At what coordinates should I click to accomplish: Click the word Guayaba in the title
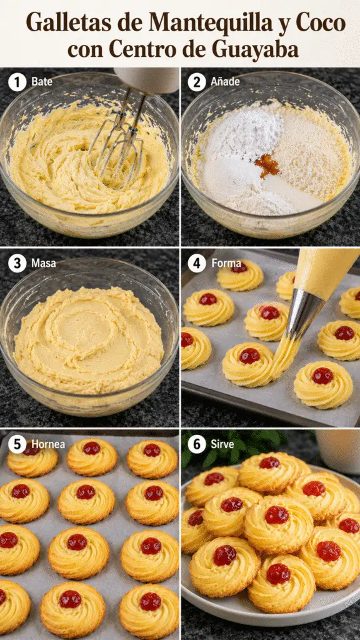click(255, 50)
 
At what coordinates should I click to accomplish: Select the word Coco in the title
click(321, 22)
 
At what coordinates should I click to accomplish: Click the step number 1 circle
click(17, 82)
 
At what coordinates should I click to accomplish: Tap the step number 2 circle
click(197, 82)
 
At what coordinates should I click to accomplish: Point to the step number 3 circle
click(17, 264)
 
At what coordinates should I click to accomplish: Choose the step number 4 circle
click(197, 264)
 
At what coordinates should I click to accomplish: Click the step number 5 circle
click(17, 444)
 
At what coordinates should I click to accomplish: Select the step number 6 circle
click(197, 444)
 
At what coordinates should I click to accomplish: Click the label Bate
click(42, 82)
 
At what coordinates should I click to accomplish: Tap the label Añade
click(225, 82)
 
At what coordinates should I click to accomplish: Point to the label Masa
click(44, 264)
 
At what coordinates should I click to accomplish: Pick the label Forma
click(226, 264)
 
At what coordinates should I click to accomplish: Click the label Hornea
click(48, 444)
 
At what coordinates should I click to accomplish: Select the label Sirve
click(222, 444)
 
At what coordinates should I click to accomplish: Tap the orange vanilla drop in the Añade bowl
click(267, 165)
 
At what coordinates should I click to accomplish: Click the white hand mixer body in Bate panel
click(147, 79)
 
